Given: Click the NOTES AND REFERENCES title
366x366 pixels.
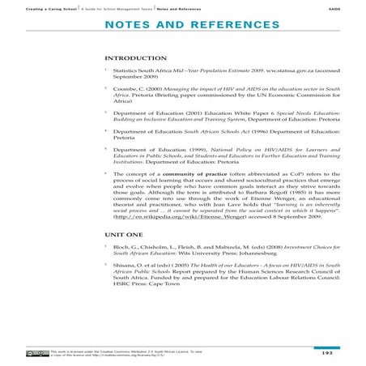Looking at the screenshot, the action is click(x=182, y=26).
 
